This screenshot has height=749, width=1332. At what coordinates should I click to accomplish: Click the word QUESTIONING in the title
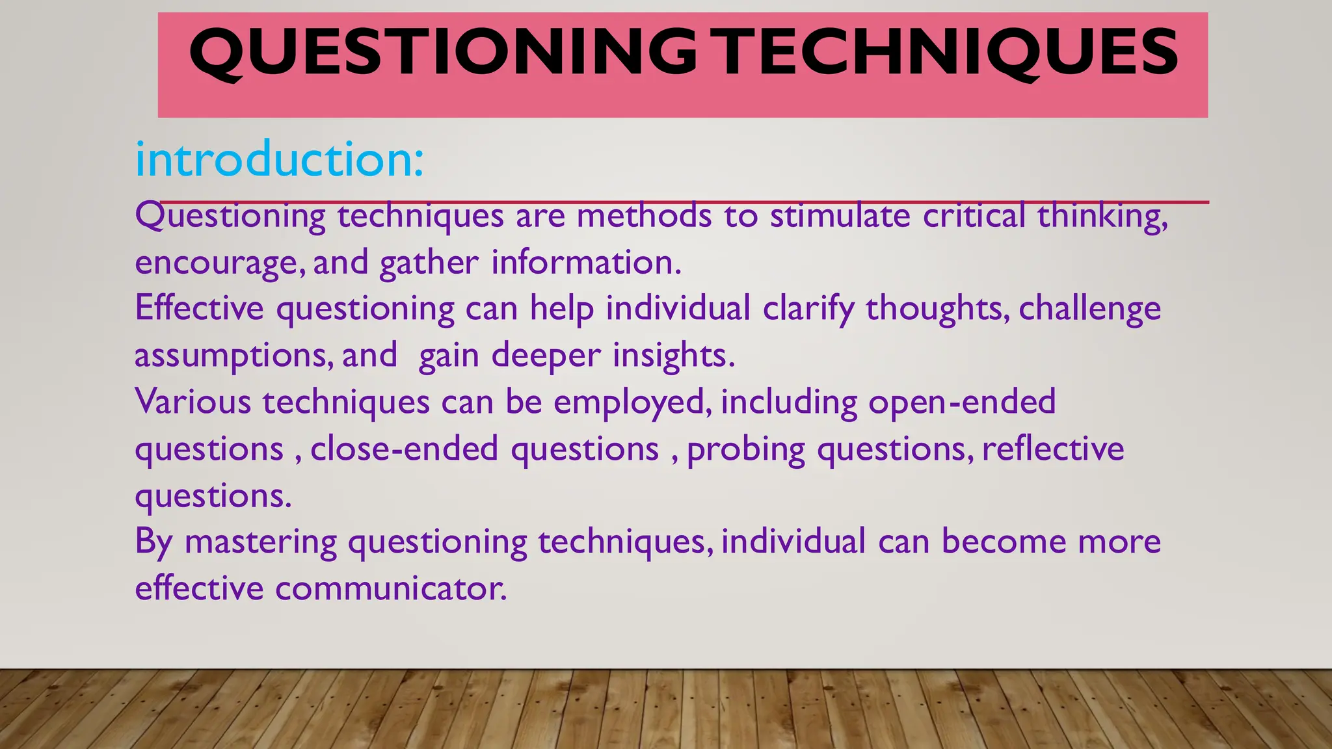[x=442, y=53]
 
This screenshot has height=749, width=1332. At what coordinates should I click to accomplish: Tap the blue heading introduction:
[x=280, y=159]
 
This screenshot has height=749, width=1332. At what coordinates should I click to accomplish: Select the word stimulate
[x=840, y=216]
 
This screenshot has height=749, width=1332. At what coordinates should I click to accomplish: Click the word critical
[x=974, y=216]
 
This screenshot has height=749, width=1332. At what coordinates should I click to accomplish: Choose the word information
[x=586, y=262]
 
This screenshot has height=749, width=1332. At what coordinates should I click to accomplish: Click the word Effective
[x=199, y=308]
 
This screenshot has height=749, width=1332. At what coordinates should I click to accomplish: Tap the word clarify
[x=808, y=309]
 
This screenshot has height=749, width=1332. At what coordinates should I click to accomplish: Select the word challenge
[x=1089, y=309]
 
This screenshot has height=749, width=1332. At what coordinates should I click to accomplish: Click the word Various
[x=193, y=402]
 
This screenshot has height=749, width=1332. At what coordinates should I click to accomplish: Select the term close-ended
[x=404, y=449]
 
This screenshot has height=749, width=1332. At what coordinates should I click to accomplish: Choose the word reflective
[x=1053, y=449]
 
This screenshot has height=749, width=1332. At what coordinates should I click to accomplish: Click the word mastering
[x=261, y=542]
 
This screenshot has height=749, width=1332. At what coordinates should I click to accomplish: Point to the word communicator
[x=390, y=589]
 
